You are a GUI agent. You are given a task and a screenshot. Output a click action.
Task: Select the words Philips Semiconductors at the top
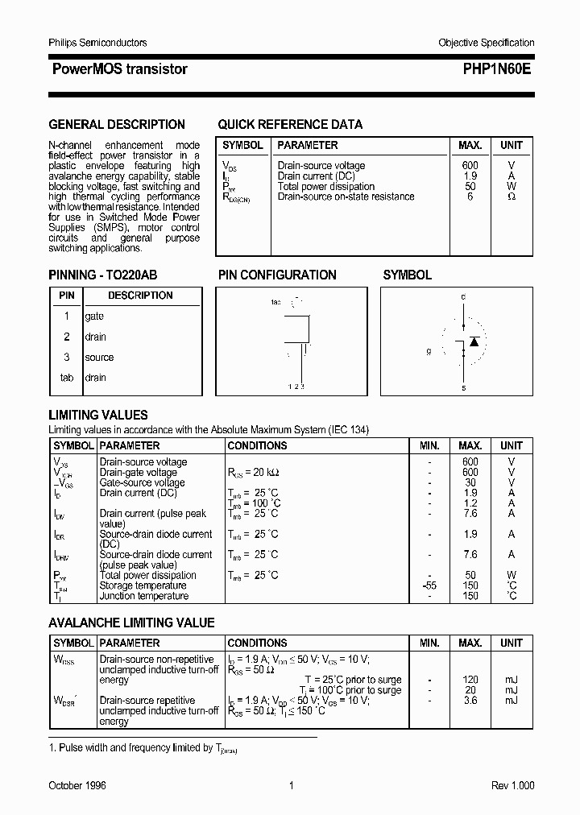[97, 43]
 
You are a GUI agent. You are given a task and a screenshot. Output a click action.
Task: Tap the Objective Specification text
[486, 43]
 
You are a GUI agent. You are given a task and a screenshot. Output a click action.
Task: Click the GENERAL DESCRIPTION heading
[117, 125]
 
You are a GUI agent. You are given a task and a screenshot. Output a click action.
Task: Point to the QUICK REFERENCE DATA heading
[290, 125]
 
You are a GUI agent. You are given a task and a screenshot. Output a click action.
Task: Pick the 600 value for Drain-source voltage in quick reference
[470, 165]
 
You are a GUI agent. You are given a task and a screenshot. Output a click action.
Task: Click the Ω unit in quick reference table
[512, 197]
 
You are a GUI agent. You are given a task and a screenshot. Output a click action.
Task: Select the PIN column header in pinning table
[67, 296]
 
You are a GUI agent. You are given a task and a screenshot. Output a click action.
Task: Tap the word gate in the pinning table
[94, 316]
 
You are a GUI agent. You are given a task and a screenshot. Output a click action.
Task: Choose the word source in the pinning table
[99, 358]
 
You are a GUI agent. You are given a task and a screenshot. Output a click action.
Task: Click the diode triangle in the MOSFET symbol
[474, 341]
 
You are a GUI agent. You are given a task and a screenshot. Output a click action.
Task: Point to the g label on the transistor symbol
[429, 352]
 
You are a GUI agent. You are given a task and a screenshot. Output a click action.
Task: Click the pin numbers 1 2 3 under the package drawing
[296, 387]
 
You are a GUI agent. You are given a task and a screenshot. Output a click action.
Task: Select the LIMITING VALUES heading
[98, 416]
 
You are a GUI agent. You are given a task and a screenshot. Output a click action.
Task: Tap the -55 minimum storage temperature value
[429, 585]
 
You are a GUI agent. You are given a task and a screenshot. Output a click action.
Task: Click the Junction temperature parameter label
[145, 596]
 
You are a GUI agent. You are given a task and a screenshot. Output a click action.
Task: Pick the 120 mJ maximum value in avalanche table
[470, 680]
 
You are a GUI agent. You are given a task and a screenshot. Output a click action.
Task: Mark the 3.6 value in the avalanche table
[470, 701]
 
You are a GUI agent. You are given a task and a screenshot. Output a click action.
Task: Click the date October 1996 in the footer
[77, 786]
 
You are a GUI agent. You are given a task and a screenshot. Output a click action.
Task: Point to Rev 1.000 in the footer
[512, 786]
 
